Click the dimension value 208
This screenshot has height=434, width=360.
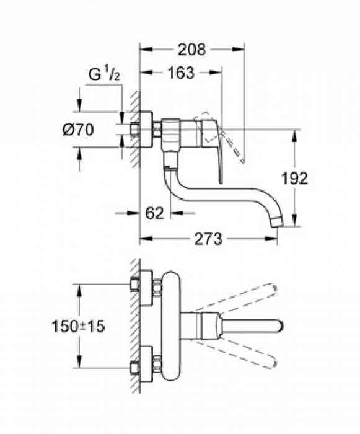tap(191, 48)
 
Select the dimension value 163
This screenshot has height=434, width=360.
tap(180, 73)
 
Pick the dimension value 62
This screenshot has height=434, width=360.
tap(155, 213)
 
